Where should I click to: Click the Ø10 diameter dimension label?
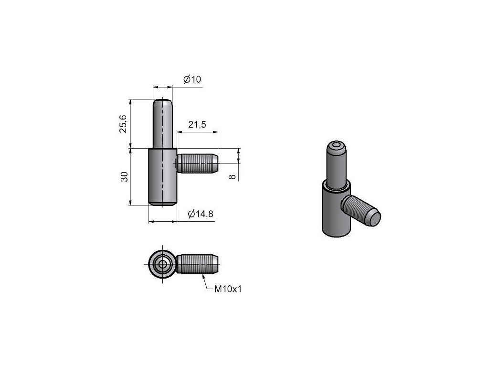[192, 79]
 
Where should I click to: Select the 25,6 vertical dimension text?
[123, 124]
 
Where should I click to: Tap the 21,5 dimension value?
[197, 125]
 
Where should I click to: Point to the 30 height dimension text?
[124, 177]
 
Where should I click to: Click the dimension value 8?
[232, 177]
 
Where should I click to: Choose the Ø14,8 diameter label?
[201, 214]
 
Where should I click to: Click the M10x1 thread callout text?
[228, 289]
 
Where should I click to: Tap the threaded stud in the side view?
[198, 163]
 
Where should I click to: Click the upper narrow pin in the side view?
[162, 124]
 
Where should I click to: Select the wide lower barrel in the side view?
[162, 177]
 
